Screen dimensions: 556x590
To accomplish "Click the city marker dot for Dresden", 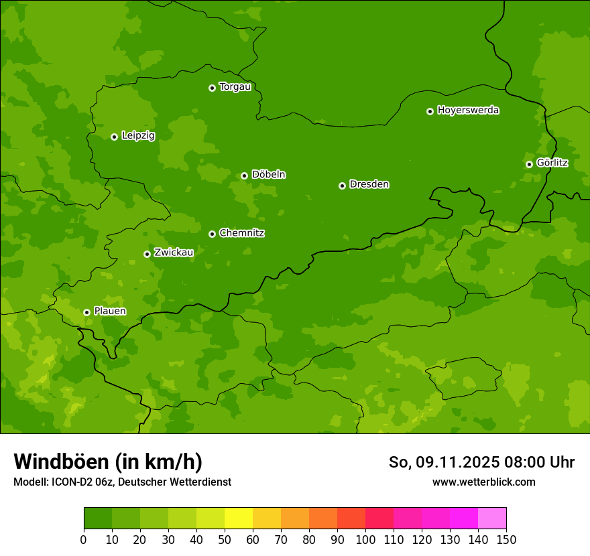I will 342,186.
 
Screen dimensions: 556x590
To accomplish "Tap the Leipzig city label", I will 138,136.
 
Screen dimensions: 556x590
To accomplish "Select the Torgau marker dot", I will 212,88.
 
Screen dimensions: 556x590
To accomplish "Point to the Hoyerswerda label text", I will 468,111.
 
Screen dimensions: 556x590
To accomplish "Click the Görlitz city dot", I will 529,164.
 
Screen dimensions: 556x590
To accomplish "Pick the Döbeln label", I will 268,175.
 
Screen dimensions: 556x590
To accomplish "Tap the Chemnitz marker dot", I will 212,234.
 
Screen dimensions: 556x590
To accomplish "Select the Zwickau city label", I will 174,253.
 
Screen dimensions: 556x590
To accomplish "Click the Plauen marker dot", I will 86,312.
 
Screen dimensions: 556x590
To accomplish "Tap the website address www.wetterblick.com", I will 483,482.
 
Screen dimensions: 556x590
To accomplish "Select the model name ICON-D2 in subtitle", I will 71,482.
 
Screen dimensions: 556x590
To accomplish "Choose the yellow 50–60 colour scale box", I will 239,518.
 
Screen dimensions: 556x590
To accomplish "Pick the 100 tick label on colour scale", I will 365,539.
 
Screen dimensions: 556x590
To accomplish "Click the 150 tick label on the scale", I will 506,539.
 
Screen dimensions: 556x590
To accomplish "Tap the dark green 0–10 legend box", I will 98,518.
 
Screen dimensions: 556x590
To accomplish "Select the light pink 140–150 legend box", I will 492,518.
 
